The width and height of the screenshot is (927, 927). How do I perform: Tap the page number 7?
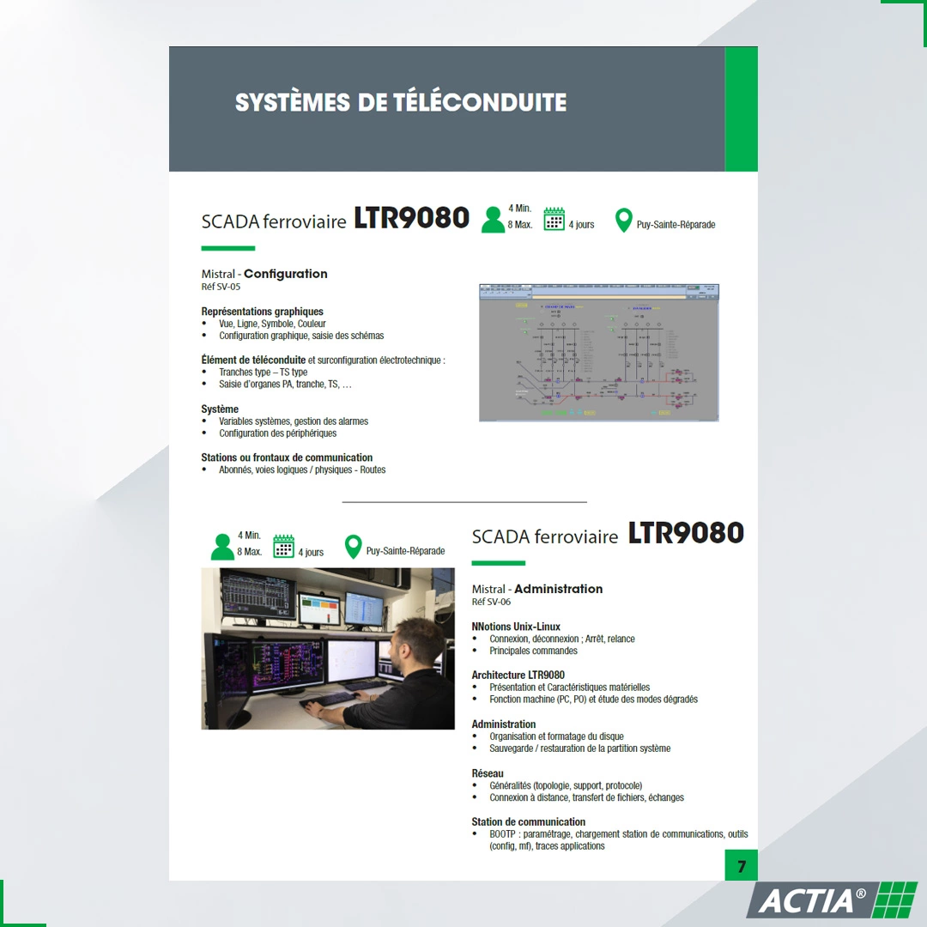tap(742, 866)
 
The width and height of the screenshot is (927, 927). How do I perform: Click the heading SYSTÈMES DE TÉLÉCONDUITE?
tap(401, 103)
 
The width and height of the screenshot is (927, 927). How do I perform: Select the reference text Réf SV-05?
tap(221, 287)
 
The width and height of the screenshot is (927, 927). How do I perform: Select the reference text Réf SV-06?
tap(491, 602)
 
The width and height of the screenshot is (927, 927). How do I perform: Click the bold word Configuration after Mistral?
tap(286, 274)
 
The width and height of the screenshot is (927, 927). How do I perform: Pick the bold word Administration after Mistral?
tap(558, 589)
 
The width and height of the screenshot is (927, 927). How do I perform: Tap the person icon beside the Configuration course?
tap(493, 219)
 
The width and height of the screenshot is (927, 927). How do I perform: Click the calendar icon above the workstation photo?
tap(284, 547)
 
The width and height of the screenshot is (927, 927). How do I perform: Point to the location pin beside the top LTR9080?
tap(624, 221)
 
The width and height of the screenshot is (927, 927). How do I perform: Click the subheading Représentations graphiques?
tap(262, 312)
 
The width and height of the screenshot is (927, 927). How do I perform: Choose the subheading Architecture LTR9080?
tap(518, 675)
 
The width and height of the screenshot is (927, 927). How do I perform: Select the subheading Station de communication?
tap(528, 821)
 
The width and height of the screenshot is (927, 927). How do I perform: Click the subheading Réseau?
tap(488, 773)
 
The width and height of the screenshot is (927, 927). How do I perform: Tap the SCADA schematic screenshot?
tap(598, 352)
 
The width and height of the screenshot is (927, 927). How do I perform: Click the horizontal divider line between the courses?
tap(464, 501)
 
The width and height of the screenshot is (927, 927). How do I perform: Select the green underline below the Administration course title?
tap(498, 563)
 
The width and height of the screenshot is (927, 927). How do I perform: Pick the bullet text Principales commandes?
tap(533, 651)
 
